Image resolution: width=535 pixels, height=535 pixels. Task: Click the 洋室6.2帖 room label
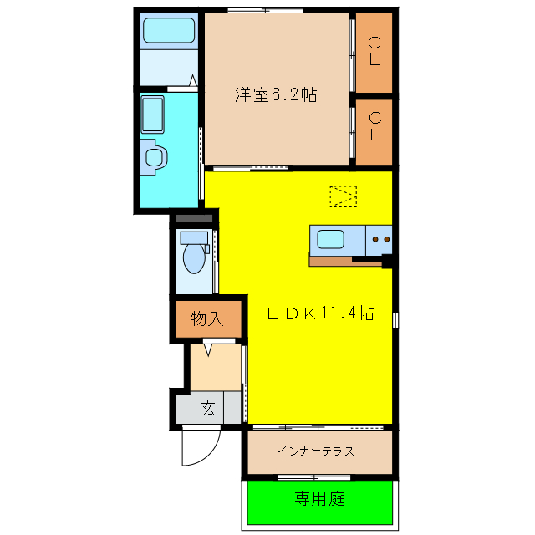pos(275,95)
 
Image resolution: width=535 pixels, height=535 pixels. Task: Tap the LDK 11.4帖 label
pos(319,313)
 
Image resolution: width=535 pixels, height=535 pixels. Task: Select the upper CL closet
pos(374,52)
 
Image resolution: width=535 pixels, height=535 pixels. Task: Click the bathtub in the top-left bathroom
pos(168,32)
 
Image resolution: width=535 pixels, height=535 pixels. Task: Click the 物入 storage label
pos(208,318)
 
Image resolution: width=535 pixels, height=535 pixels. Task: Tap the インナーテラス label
pos(317,451)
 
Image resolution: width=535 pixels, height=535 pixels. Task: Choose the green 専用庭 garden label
pos(318,500)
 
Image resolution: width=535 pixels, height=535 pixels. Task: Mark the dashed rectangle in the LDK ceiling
pos(343,196)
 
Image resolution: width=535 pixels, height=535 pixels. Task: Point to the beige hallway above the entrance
pos(215,366)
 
